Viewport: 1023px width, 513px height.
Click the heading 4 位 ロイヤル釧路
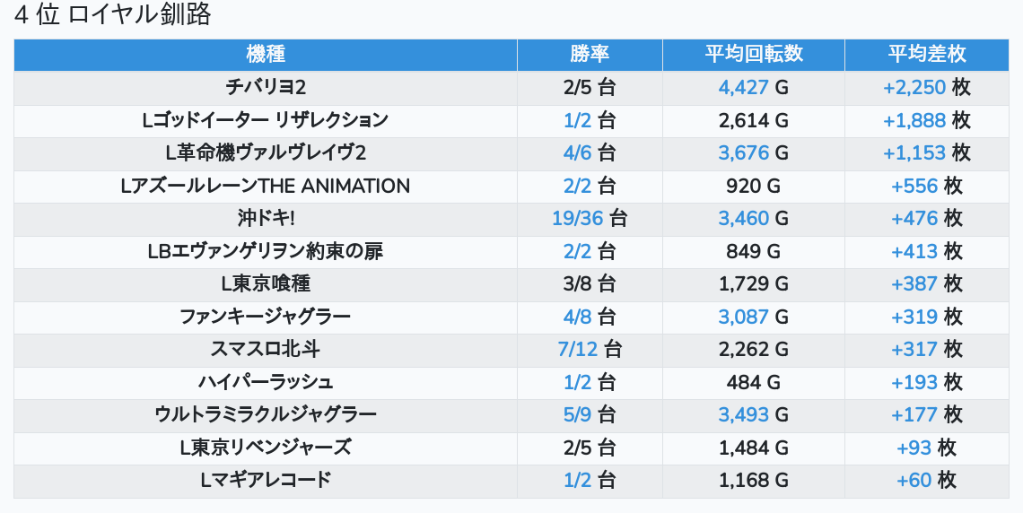(112, 15)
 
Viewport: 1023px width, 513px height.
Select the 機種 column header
(266, 54)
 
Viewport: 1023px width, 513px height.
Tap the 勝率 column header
(590, 54)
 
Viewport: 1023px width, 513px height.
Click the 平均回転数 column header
(754, 54)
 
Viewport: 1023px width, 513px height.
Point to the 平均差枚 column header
(927, 54)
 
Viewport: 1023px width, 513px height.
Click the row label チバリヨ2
(266, 87)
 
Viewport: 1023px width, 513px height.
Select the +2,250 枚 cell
(927, 87)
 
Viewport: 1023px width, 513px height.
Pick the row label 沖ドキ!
(266, 218)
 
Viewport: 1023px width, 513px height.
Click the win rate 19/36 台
(590, 218)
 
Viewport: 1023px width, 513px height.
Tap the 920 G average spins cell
(754, 186)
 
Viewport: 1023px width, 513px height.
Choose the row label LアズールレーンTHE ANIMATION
(266, 186)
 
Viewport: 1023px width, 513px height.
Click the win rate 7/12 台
(590, 349)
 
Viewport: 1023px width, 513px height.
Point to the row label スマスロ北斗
(266, 349)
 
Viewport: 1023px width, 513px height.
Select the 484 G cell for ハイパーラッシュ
(754, 382)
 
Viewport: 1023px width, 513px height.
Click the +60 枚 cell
(927, 480)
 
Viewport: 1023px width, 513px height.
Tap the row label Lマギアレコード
(266, 480)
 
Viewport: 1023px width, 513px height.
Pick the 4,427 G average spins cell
(754, 87)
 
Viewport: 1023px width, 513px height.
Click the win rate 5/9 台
(590, 414)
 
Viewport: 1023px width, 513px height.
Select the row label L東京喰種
(266, 283)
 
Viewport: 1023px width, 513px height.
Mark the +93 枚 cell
(927, 448)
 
